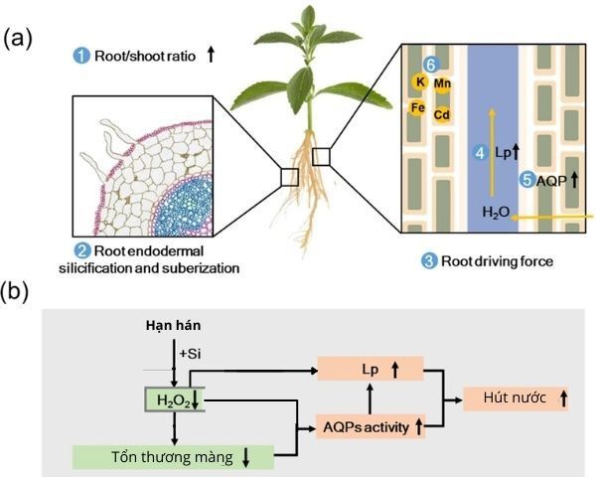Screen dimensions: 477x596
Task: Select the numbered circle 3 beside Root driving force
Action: click(429, 261)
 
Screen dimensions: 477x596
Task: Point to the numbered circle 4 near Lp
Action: click(480, 153)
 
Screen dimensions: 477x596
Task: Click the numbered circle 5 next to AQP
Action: click(526, 180)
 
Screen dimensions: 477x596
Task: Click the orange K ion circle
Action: click(420, 82)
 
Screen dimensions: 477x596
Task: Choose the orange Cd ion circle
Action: click(442, 115)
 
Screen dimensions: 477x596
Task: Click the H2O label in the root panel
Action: click(495, 213)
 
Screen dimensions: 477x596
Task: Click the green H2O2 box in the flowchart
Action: click(175, 398)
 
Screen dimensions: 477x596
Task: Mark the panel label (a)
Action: click(17, 39)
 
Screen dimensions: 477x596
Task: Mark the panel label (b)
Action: click(17, 293)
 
